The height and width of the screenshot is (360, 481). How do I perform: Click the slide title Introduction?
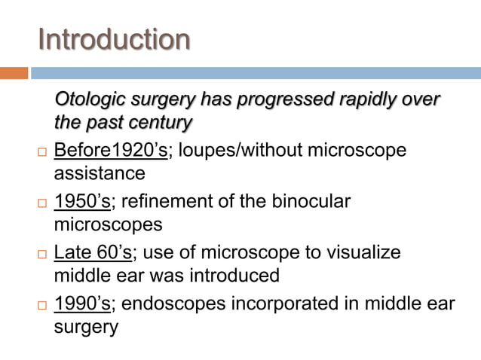click(114, 39)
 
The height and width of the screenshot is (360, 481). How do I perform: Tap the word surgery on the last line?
click(86, 328)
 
